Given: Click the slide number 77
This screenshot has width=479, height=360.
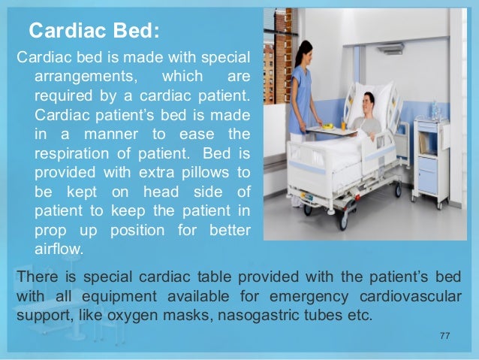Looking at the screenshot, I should [444, 335].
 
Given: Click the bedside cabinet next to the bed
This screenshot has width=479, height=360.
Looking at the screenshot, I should [431, 162].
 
